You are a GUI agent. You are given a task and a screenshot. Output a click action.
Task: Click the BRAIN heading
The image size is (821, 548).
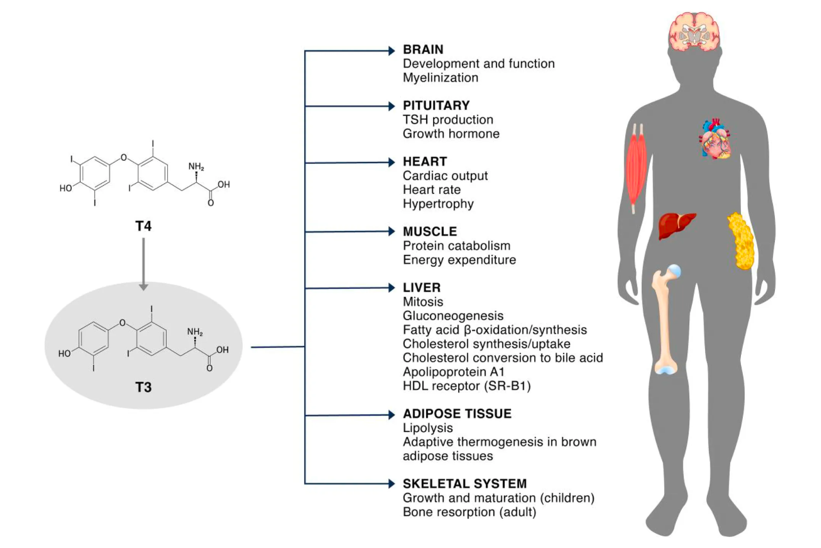pyautogui.click(x=423, y=49)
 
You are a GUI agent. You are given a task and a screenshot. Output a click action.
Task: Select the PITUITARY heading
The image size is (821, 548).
pyautogui.click(x=436, y=105)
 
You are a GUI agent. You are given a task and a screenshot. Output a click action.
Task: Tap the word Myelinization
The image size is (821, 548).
pyautogui.click(x=440, y=78)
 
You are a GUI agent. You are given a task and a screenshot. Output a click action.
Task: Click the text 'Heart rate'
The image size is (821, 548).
pyautogui.click(x=431, y=190)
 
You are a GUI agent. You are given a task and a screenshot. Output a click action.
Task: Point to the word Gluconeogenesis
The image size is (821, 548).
pyautogui.click(x=453, y=316)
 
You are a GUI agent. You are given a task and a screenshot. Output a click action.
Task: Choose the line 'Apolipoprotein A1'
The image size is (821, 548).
pyautogui.click(x=453, y=372)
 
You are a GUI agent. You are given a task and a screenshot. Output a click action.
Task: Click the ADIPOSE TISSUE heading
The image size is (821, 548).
pyautogui.click(x=457, y=414)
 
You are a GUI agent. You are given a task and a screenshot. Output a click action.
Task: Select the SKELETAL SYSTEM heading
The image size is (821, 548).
pyautogui.click(x=464, y=484)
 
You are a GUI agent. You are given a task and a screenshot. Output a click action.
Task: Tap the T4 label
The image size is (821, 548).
pyautogui.click(x=143, y=226)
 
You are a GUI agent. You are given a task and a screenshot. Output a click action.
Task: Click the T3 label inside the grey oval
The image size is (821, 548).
pyautogui.click(x=143, y=387)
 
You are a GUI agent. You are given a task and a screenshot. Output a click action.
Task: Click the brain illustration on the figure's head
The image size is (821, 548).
pyautogui.click(x=694, y=32)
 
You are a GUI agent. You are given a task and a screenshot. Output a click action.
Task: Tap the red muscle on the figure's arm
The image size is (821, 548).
pyautogui.click(x=636, y=168)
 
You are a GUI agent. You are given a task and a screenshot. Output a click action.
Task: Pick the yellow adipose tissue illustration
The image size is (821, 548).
pyautogui.click(x=741, y=241)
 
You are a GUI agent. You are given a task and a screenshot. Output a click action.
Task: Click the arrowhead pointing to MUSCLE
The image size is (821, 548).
pyautogui.click(x=392, y=232)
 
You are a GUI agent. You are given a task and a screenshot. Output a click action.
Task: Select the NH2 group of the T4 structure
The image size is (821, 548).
pyautogui.click(x=196, y=166)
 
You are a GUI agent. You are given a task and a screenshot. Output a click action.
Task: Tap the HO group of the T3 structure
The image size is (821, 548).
pyautogui.click(x=64, y=354)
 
